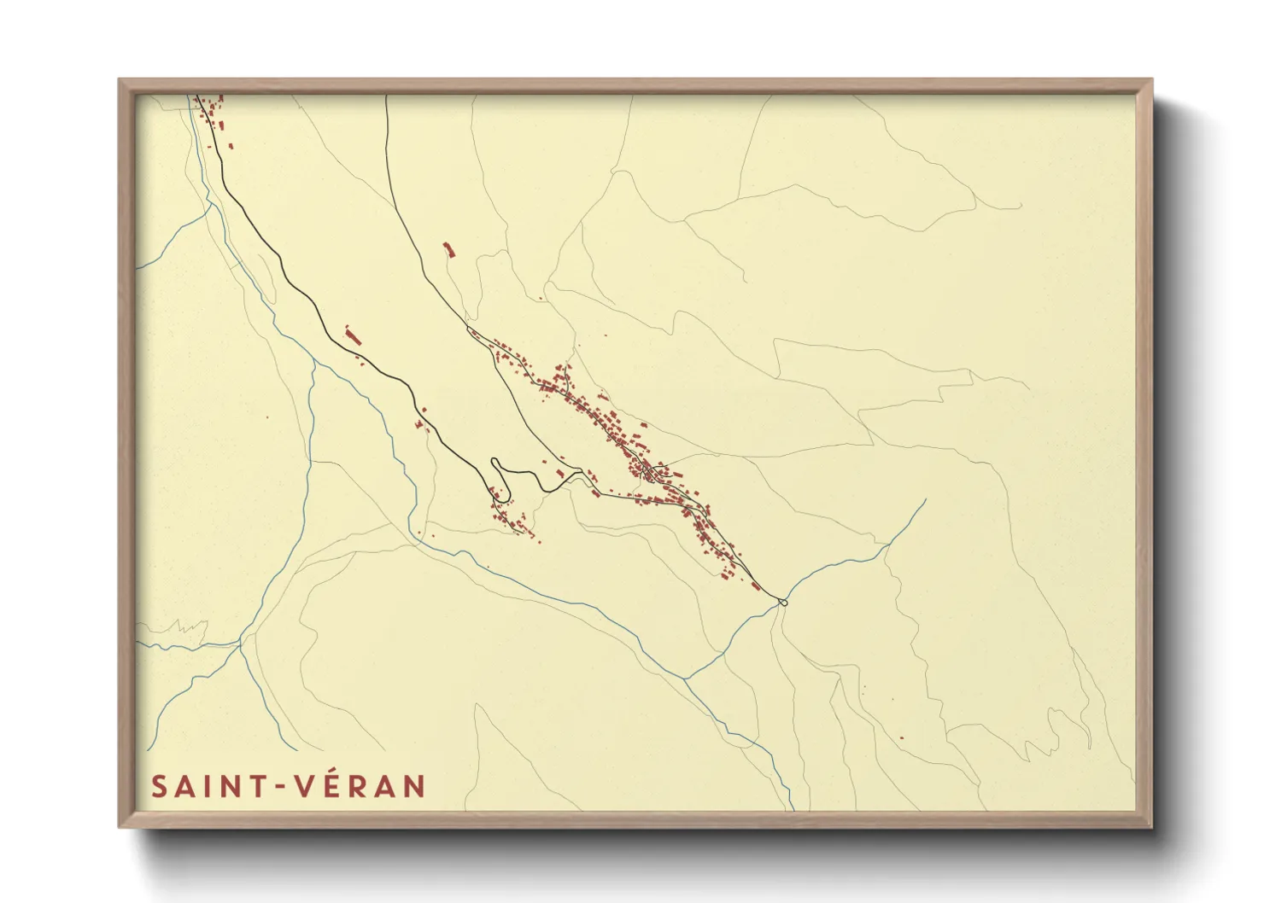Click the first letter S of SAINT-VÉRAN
(x=159, y=786)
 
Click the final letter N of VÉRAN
(x=414, y=786)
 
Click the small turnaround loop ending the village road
(x=782, y=603)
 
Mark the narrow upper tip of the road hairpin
(x=495, y=462)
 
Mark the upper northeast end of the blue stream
(x=925, y=501)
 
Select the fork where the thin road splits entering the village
(x=469, y=329)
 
